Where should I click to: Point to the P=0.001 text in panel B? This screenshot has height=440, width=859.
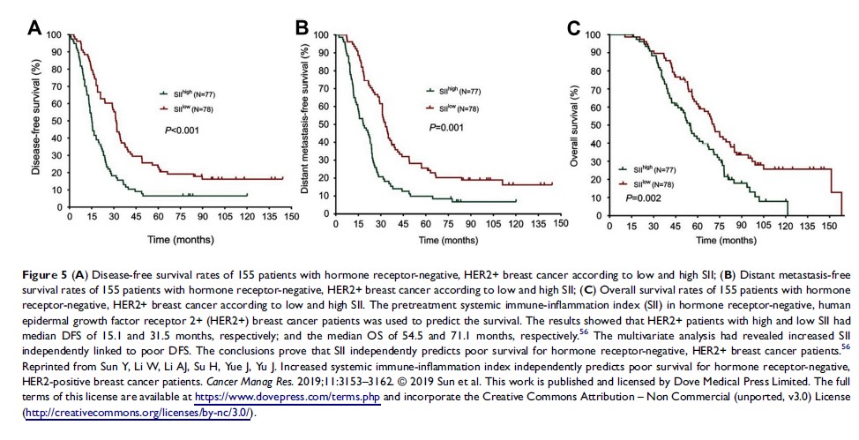click(x=446, y=127)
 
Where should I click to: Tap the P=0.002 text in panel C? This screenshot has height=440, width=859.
click(x=644, y=199)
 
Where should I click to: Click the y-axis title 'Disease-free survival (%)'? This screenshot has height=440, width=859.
click(x=36, y=119)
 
